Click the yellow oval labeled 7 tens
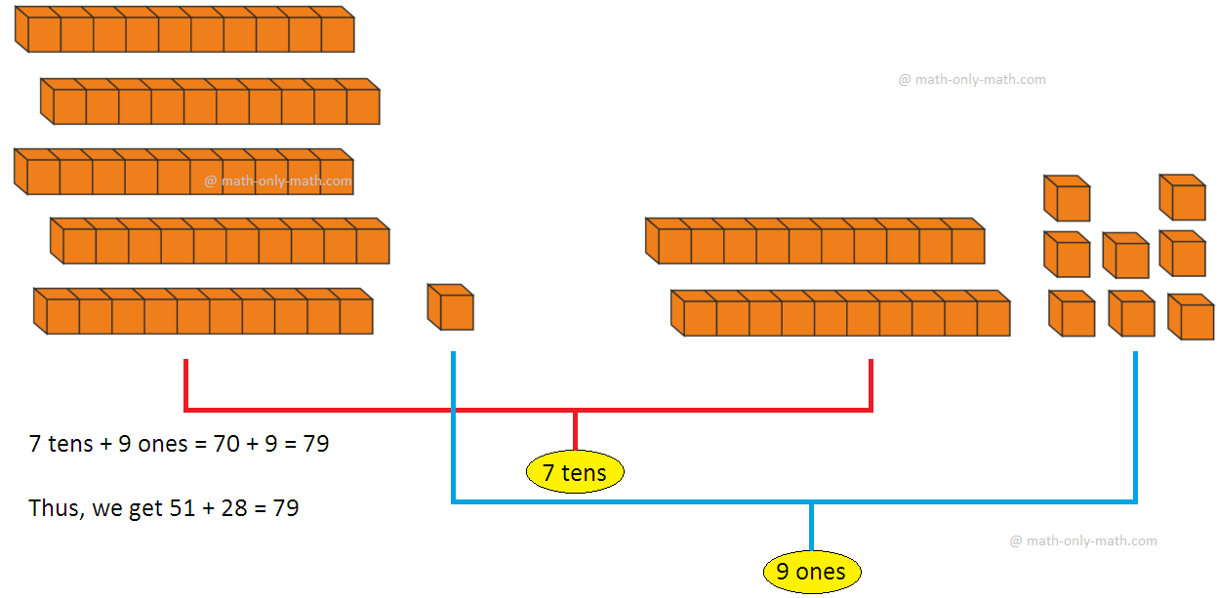575,473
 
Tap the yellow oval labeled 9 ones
811,571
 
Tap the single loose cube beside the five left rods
450,307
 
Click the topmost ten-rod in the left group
184,29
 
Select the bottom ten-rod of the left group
203,311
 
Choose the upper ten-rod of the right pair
815,241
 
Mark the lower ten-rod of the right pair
840,313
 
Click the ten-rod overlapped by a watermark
183,172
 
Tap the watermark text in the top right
972,80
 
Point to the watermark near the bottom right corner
1083,540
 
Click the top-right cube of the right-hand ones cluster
1182,197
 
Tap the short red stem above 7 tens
575,431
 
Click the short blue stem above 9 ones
811,528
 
